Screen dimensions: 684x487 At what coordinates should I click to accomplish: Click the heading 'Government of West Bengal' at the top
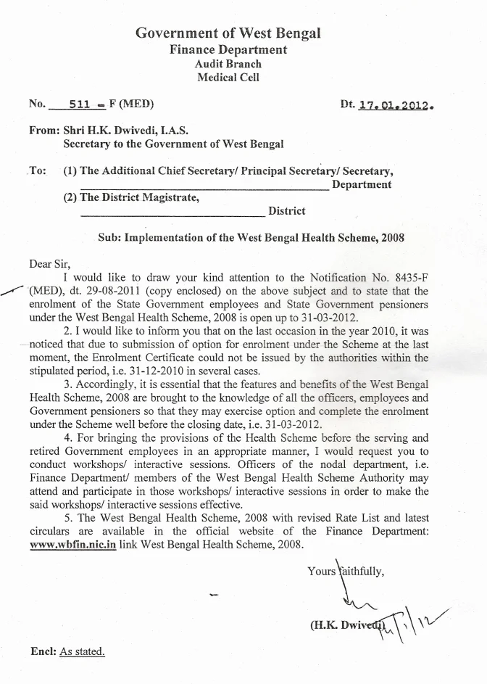228,33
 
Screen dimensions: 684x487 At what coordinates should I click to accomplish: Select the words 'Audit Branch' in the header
228,64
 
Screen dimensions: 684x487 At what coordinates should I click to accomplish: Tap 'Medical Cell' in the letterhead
228,78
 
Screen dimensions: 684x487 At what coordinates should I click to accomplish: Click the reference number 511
79,104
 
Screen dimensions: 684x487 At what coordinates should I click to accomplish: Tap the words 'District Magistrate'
150,197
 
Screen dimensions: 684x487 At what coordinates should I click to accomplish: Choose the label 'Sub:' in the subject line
109,237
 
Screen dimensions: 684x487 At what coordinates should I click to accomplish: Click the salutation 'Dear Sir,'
51,264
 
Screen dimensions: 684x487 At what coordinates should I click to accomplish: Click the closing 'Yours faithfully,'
346,571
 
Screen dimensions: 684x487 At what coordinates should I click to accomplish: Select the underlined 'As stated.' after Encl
82,651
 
